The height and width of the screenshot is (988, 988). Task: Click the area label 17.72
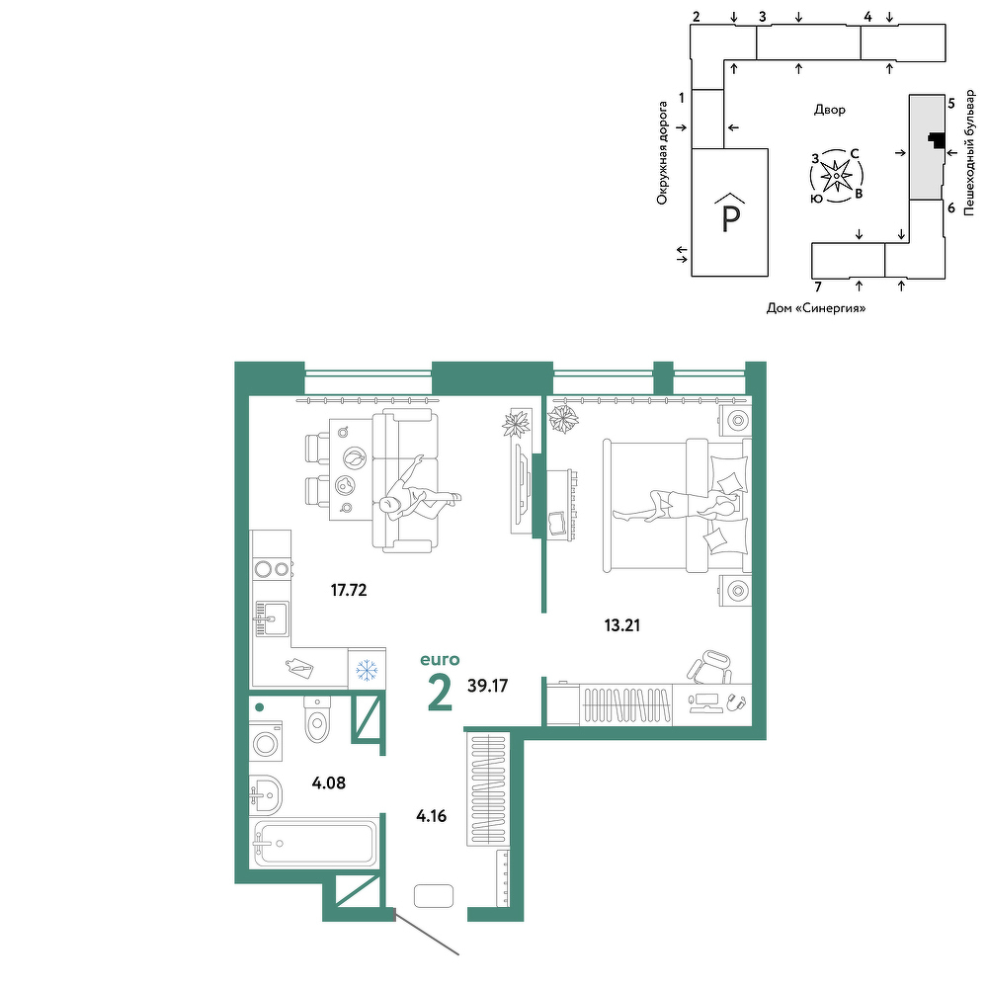[x=349, y=590]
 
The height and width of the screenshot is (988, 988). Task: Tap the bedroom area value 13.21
[x=621, y=625]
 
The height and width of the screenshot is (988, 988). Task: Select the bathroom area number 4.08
[x=328, y=782]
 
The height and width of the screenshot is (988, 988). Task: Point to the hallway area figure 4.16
[x=431, y=816]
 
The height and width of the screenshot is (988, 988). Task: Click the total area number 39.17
[x=488, y=685]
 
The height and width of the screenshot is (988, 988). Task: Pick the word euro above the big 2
[x=440, y=660]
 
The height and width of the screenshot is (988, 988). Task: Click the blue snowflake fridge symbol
[x=367, y=670]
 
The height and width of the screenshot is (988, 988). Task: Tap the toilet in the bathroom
[x=316, y=719]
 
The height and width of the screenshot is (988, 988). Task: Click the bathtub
[x=314, y=843]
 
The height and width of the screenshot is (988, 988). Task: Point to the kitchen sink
[x=272, y=618]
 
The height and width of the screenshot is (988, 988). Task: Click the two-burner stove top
[x=272, y=569]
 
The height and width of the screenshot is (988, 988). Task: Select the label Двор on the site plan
[x=829, y=110]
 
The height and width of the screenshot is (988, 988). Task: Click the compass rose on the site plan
[x=836, y=176]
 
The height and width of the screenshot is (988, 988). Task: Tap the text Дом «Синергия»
[x=816, y=308]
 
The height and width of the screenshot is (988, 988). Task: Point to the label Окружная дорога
[x=662, y=153]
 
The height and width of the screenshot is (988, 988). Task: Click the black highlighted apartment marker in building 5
[x=937, y=140]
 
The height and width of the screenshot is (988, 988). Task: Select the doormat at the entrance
[x=434, y=895]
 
